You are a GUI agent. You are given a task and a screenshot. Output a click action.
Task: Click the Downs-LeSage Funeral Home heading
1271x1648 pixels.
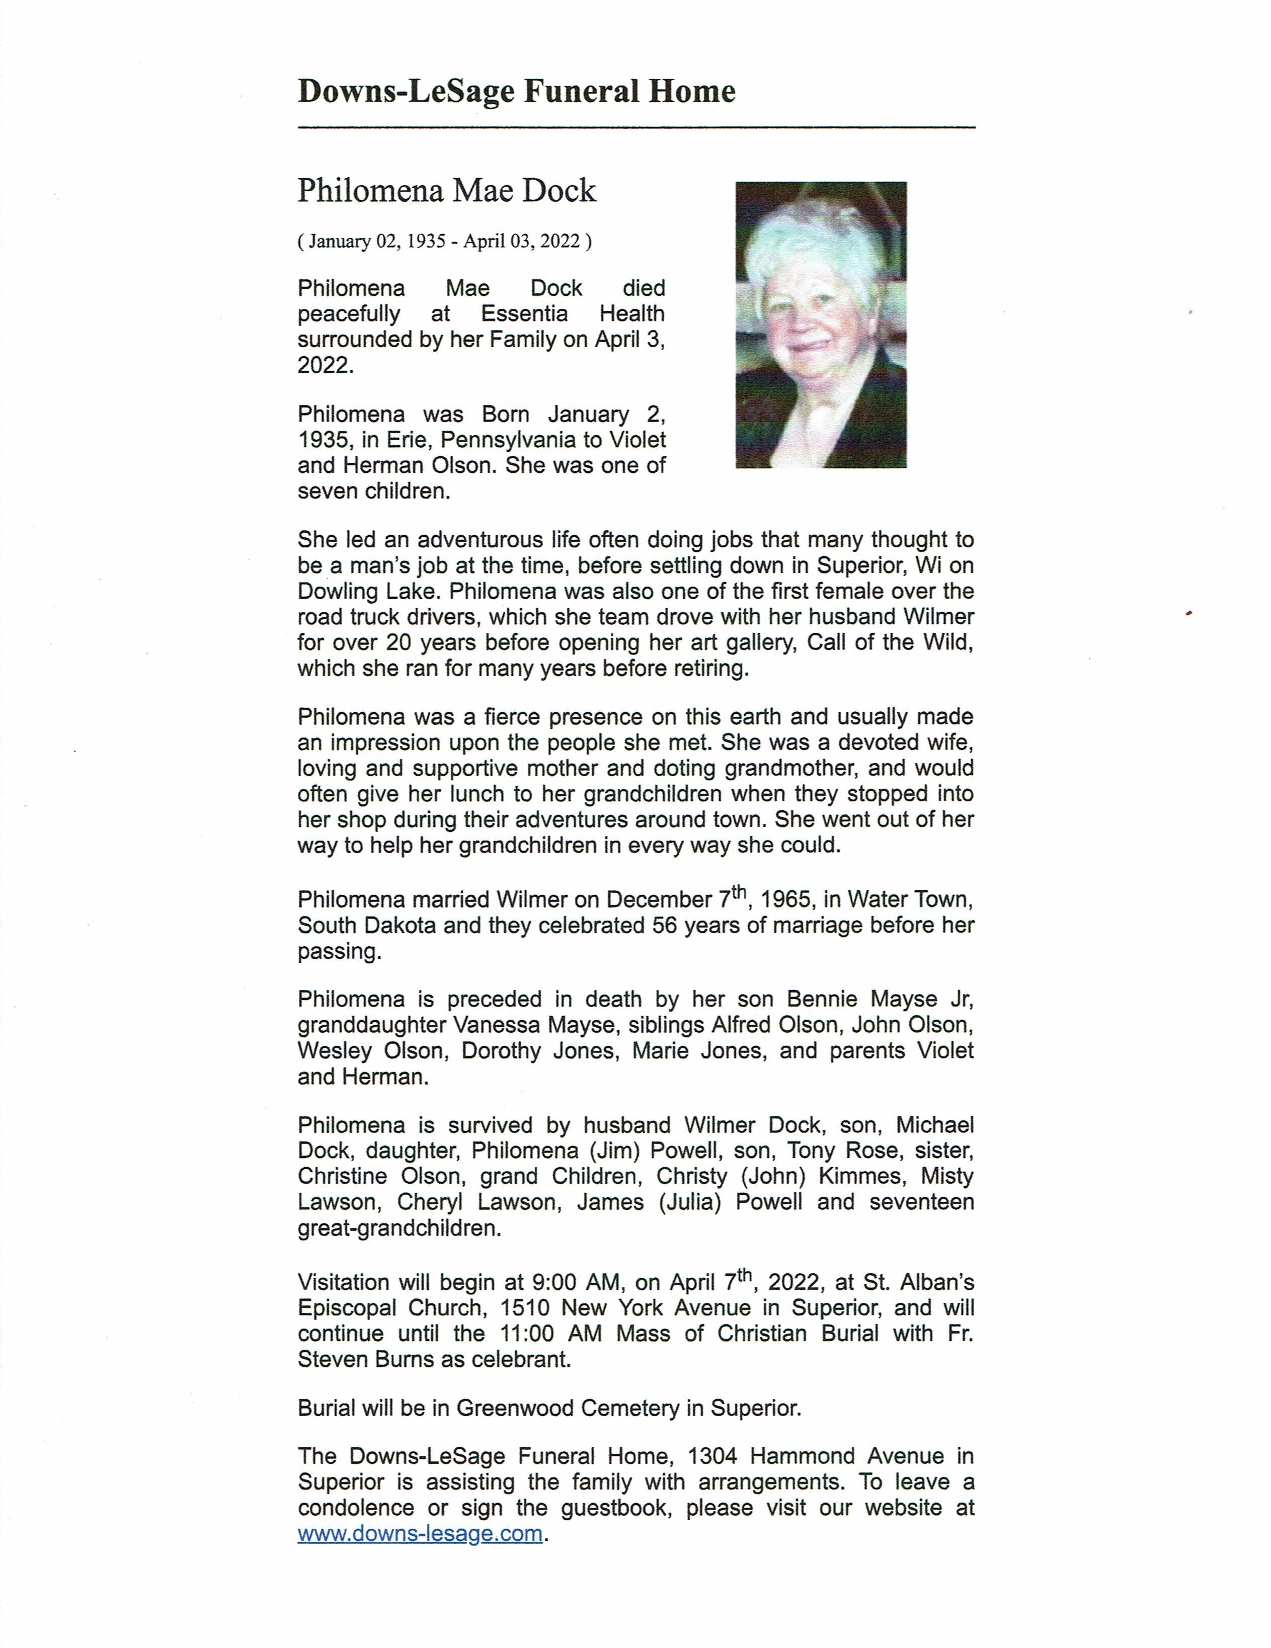(x=516, y=92)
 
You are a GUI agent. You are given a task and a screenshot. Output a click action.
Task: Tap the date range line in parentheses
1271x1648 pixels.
(x=445, y=241)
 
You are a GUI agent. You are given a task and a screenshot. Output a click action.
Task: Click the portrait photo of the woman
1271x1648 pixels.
(x=820, y=324)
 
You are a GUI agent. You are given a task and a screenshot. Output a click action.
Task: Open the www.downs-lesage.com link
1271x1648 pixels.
(x=420, y=1533)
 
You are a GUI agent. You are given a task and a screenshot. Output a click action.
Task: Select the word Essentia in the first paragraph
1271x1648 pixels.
(x=524, y=314)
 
